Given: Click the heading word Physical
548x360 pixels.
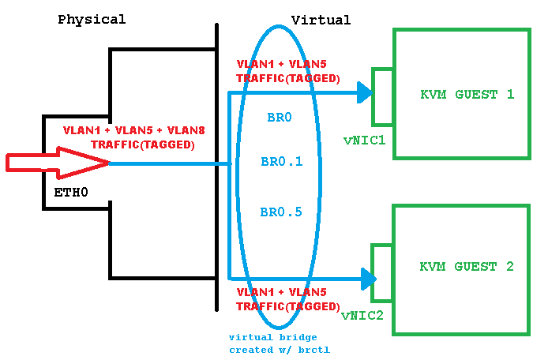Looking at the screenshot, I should [x=92, y=20].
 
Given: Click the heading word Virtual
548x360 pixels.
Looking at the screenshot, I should [x=321, y=20].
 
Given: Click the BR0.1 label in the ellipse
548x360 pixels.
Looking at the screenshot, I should [x=281, y=163].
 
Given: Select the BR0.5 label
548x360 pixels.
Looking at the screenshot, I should [x=281, y=212].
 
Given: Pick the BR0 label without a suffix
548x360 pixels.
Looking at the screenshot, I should [x=280, y=118].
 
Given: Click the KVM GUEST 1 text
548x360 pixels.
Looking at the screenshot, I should [x=467, y=95].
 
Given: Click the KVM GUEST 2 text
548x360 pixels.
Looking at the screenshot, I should [x=467, y=267].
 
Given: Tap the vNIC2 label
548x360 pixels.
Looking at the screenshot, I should [x=362, y=316].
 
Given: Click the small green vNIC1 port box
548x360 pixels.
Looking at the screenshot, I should [x=383, y=97].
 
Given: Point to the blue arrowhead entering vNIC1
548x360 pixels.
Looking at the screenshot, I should [x=364, y=92].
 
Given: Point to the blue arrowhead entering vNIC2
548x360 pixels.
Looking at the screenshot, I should [x=368, y=278].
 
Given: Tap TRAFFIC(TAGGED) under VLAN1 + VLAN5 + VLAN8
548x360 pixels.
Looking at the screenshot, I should [x=142, y=144].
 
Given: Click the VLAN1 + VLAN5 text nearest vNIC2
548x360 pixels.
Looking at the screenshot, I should [x=287, y=292].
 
